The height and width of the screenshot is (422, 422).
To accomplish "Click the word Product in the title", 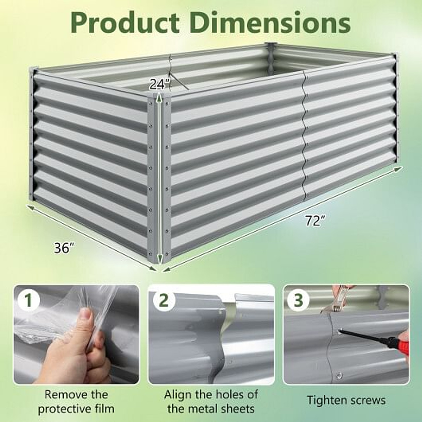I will click(x=126, y=23).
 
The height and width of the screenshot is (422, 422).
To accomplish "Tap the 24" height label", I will click(x=160, y=84).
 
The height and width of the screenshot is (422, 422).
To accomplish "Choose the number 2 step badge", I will click(x=164, y=301).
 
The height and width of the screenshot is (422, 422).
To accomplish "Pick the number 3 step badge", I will click(x=298, y=301).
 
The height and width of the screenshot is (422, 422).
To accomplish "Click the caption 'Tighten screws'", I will click(x=346, y=400).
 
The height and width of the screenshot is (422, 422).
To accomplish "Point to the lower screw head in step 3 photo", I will click(x=338, y=375).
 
